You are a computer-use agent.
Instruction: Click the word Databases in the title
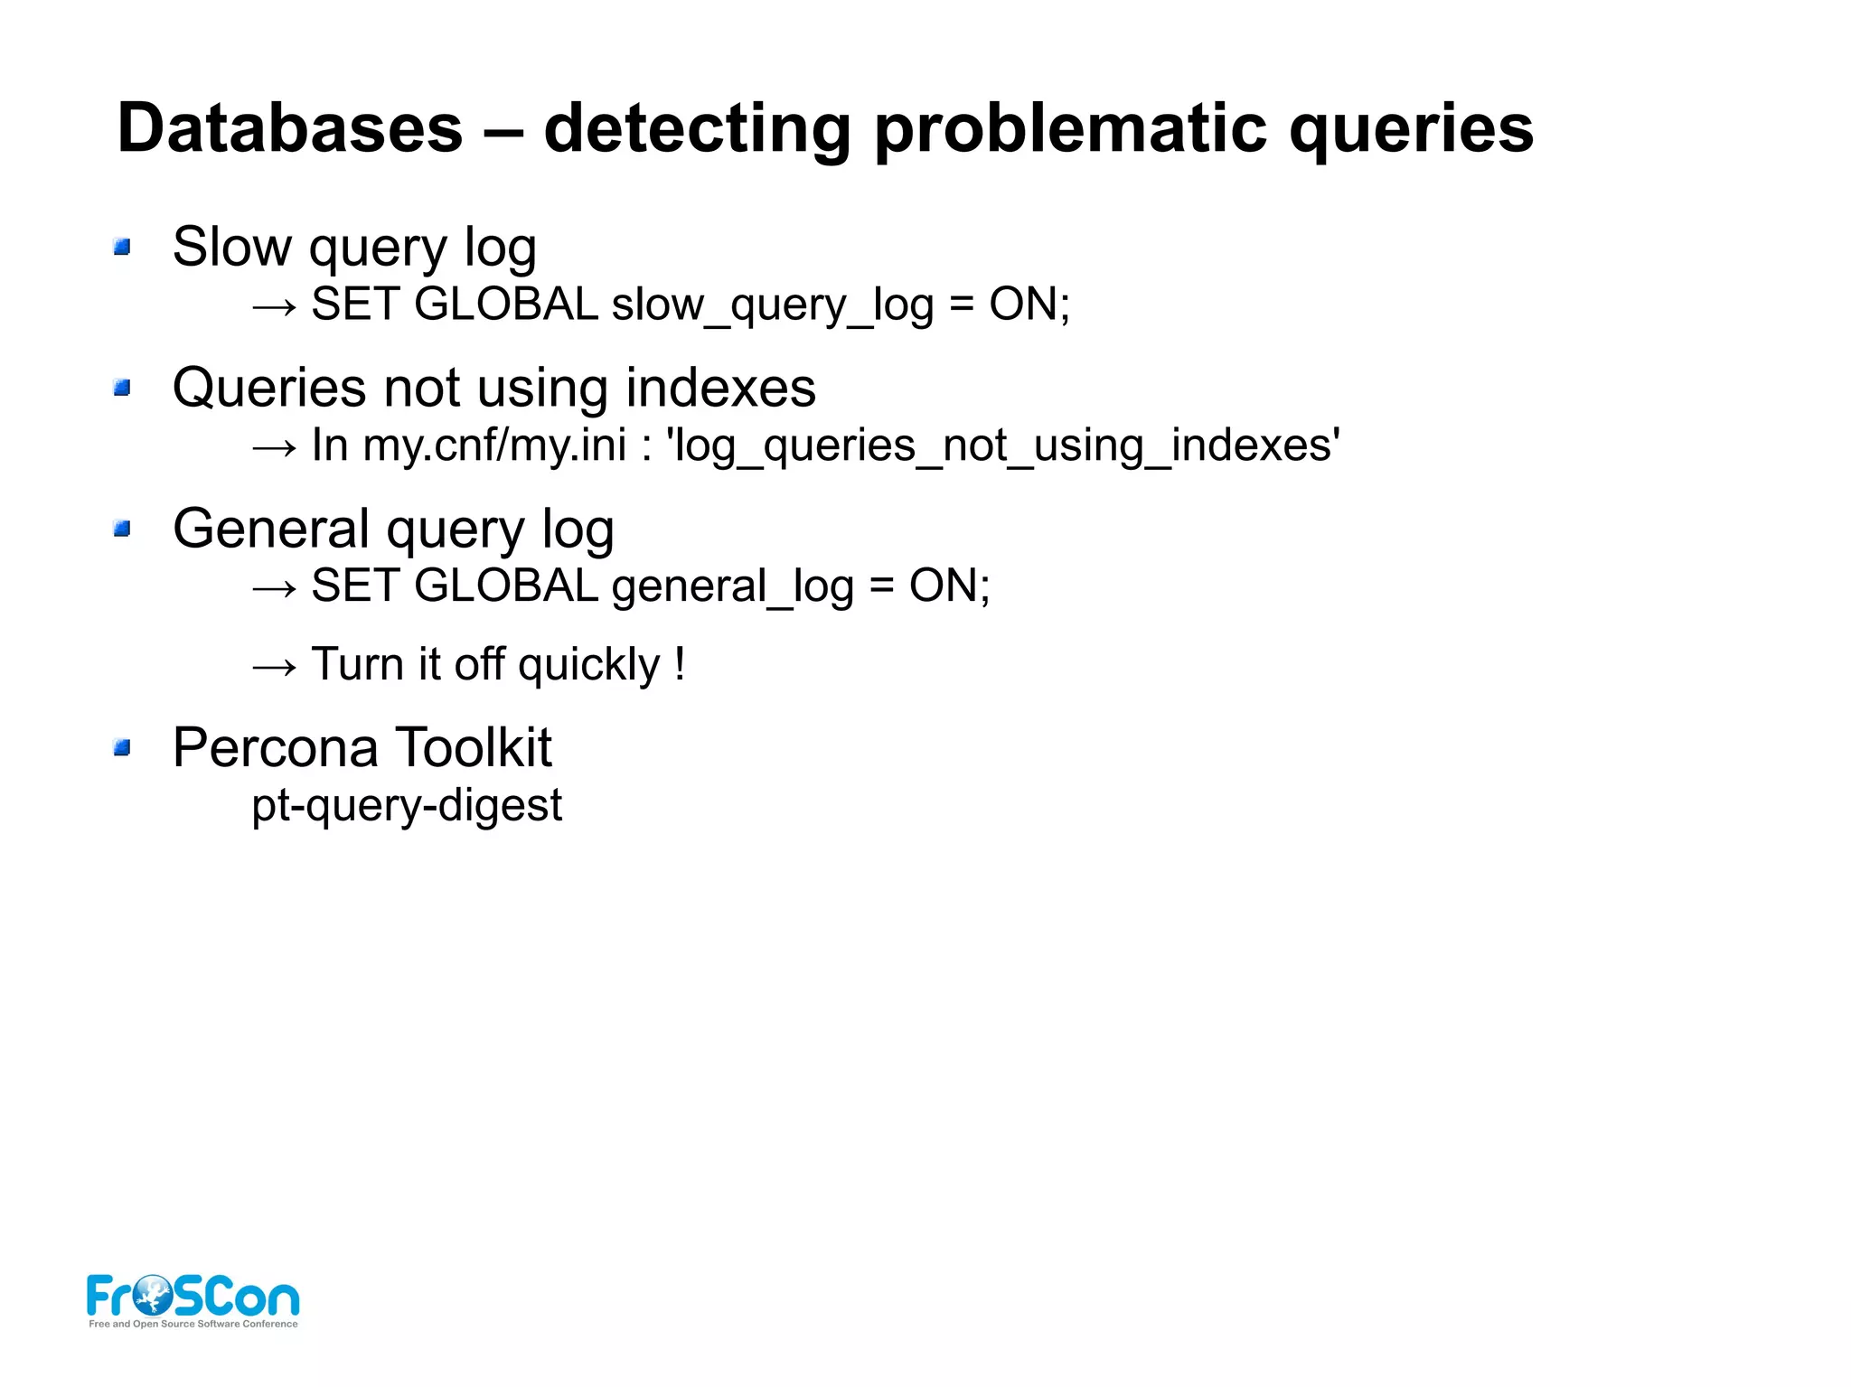pos(289,128)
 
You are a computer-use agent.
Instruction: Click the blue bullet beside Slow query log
pos(122,247)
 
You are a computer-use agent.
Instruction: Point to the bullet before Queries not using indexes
pos(122,388)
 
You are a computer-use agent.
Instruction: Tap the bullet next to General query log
pos(122,529)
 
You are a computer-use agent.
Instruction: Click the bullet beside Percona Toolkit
pos(122,747)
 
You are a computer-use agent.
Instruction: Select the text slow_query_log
pos(772,305)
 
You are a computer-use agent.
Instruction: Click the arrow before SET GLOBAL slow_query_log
pos(274,307)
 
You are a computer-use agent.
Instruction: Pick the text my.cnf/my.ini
pos(494,445)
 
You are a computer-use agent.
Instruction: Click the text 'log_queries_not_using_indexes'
pos(1002,445)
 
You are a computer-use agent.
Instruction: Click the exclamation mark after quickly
pos(680,663)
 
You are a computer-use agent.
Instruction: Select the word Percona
pos(275,748)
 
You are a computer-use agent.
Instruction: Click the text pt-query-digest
pos(407,805)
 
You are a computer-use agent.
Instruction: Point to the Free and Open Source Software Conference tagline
pos(193,1324)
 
